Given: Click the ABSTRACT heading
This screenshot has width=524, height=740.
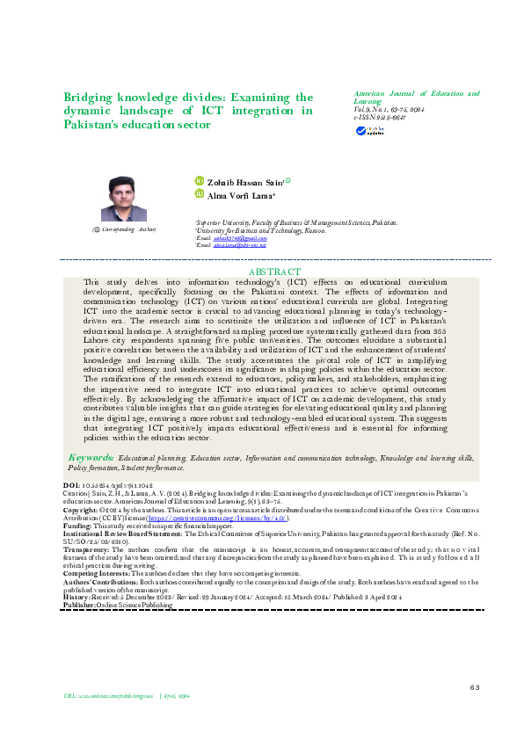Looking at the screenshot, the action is [275, 272].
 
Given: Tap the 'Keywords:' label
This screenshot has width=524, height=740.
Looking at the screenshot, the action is [91, 459].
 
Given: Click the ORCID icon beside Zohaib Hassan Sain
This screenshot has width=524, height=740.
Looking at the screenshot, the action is [200, 181].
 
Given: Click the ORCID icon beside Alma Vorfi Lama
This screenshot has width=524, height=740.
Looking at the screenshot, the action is [200, 194].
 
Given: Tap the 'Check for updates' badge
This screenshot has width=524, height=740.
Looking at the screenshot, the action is [366, 131].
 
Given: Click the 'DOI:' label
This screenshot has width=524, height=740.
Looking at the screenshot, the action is [72, 485].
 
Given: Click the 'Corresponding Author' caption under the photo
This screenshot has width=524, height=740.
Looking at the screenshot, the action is [125, 229].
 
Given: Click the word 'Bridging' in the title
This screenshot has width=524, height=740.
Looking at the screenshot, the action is [89, 98].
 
